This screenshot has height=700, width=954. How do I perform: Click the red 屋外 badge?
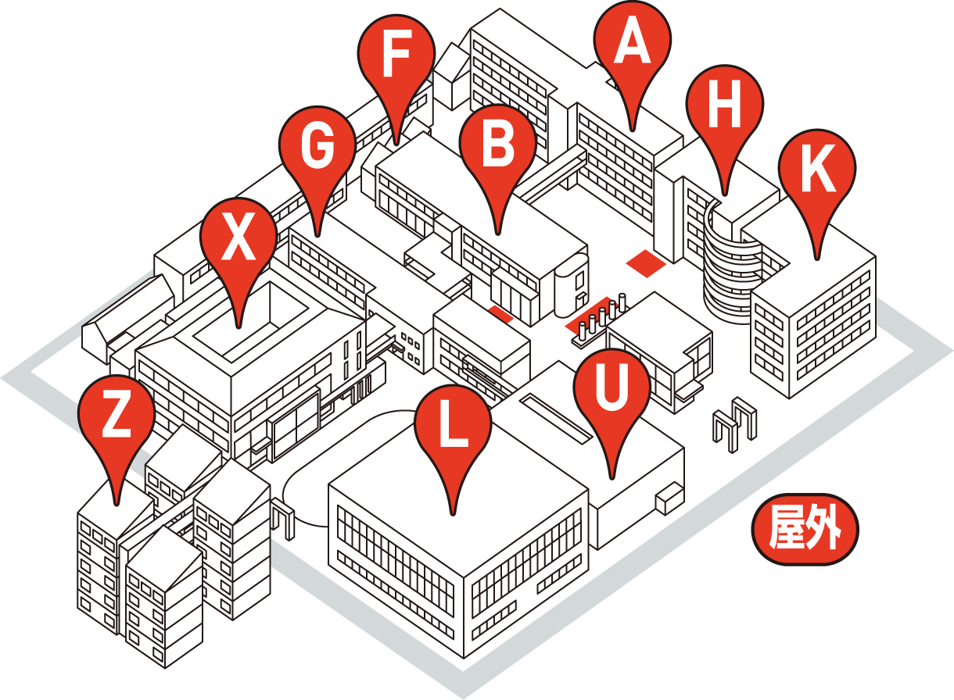[805, 530]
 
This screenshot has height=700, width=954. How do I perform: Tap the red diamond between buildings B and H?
[646, 264]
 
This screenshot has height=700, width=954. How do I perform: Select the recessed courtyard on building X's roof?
[251, 320]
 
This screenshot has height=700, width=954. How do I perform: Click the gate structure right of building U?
[736, 423]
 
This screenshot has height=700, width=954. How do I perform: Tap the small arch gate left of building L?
[283, 520]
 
